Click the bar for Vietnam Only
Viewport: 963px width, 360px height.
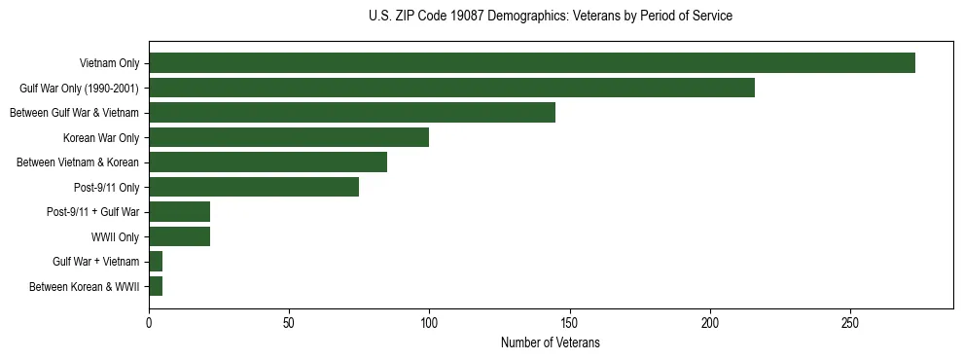pyautogui.click(x=532, y=62)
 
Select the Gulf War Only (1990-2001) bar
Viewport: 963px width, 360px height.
pyautogui.click(x=451, y=88)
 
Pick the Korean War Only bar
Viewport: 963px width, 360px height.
pyautogui.click(x=289, y=137)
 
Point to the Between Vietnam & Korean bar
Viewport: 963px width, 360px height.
pyautogui.click(x=267, y=162)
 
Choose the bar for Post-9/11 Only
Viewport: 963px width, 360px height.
pyautogui.click(x=254, y=187)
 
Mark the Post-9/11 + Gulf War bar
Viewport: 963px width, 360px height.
pyautogui.click(x=180, y=211)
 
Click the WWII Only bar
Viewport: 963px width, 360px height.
pyautogui.click(x=180, y=236)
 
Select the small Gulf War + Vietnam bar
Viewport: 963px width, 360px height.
pyautogui.click(x=156, y=261)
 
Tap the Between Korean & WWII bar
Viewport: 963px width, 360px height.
pyautogui.click(x=156, y=286)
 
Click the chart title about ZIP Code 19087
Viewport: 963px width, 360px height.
pyautogui.click(x=551, y=17)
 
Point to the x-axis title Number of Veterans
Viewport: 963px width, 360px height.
pyautogui.click(x=551, y=342)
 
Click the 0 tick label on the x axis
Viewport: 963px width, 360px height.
pyautogui.click(x=149, y=322)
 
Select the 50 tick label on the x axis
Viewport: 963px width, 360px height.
pyautogui.click(x=289, y=322)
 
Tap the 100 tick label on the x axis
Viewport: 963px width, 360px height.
pyautogui.click(x=429, y=322)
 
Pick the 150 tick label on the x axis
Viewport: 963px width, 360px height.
pyautogui.click(x=570, y=322)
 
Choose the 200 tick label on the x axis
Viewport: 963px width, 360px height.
pyautogui.click(x=710, y=322)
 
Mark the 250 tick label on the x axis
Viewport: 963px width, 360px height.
pyautogui.click(x=850, y=322)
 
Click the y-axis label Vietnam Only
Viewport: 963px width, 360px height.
pyautogui.click(x=109, y=63)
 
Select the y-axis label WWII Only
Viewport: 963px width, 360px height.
pyautogui.click(x=115, y=236)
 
